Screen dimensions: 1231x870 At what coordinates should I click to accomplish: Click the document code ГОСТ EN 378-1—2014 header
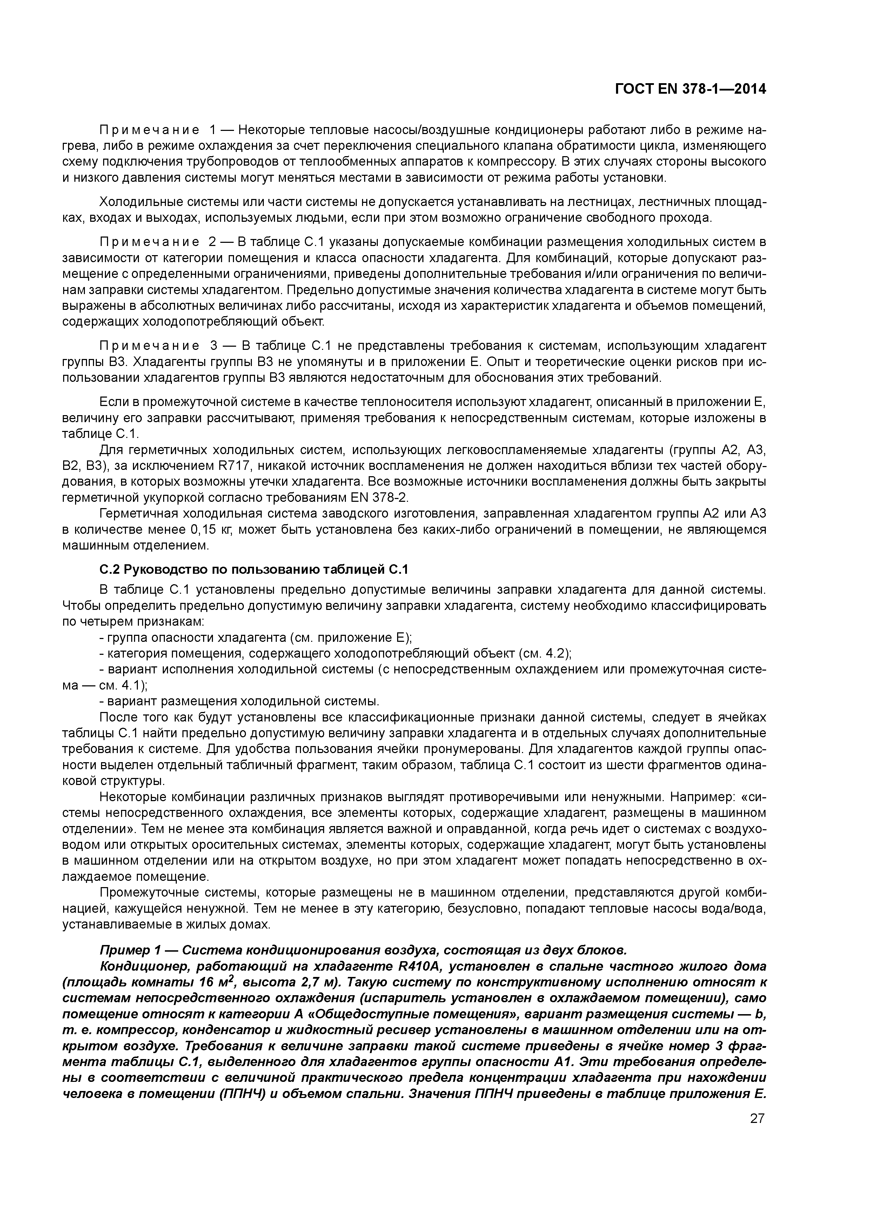690,89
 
